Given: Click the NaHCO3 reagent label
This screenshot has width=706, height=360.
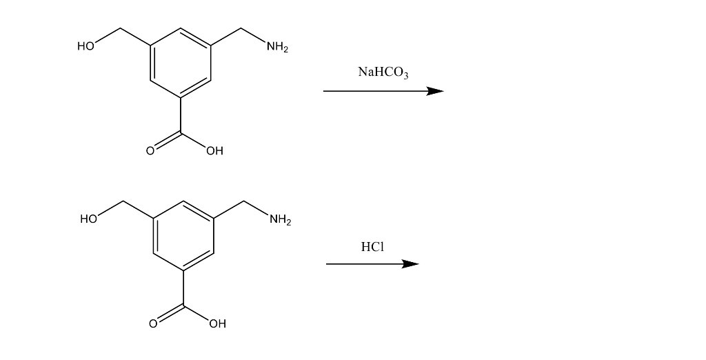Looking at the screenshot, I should coord(383,72).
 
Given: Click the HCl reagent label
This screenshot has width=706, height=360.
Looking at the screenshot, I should coord(372,246).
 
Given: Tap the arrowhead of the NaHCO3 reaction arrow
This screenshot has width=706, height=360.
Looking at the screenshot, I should coord(435,91).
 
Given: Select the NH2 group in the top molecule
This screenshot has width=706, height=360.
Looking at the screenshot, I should coord(277,48).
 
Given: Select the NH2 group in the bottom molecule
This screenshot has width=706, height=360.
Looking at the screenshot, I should coord(280,220).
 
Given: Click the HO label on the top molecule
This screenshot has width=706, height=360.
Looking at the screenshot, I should coord(85,47).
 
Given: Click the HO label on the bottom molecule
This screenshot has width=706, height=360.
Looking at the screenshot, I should coord(88,219).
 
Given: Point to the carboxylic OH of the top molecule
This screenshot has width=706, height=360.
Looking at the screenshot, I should coord(214,150).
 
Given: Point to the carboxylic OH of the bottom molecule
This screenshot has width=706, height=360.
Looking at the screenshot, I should coord(217,323).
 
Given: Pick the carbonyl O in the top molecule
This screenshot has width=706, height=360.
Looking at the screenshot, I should coord(149,150).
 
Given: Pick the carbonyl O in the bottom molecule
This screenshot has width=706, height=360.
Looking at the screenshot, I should coord(152,323).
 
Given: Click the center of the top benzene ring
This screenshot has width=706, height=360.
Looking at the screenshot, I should coord(181,63).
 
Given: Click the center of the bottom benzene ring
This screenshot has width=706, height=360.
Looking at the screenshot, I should coord(183,236).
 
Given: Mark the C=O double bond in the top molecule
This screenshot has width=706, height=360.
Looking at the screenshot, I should coord(165,141).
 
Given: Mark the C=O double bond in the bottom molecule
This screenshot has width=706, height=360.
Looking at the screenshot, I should coord(168,313).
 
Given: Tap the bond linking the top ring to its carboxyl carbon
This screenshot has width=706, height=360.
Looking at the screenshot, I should coord(181,115).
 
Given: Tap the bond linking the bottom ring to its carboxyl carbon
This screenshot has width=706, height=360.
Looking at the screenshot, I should coord(183,288).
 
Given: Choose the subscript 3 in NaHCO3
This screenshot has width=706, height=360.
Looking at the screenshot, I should coord(406,75).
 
